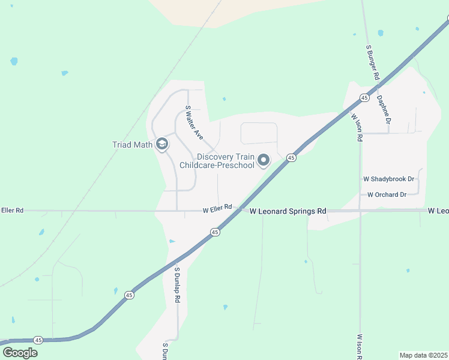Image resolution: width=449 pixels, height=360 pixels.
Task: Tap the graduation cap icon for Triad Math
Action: (x=161, y=144)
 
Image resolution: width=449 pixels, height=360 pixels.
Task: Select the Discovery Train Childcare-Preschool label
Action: (x=226, y=160)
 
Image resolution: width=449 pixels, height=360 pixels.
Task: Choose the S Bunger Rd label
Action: (x=372, y=62)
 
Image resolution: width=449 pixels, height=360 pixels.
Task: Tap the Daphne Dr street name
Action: (x=384, y=110)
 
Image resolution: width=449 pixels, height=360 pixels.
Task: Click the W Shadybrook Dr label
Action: (x=389, y=179)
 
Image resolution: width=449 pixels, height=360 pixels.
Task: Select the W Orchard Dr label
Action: (x=387, y=194)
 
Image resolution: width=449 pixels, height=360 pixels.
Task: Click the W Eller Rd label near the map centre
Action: (x=217, y=210)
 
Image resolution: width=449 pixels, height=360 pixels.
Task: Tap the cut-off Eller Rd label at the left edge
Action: (x=12, y=210)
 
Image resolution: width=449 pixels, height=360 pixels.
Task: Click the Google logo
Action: (x=20, y=352)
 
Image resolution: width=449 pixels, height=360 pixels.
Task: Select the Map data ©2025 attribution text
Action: (x=424, y=355)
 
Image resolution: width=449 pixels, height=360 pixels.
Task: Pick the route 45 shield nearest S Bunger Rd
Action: (x=364, y=97)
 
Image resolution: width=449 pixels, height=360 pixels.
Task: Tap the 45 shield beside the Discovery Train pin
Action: (x=291, y=158)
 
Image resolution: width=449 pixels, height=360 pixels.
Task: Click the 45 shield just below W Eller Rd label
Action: (x=214, y=232)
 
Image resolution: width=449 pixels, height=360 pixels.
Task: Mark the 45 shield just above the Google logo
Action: (x=38, y=340)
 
